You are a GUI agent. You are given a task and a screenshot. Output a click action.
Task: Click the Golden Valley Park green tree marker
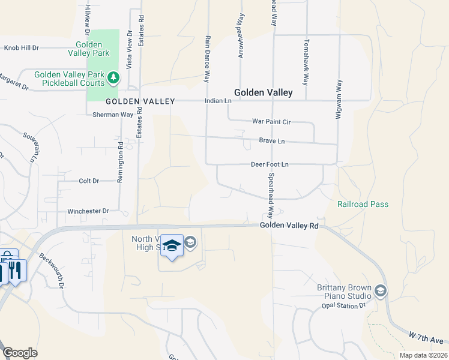(x=113, y=78)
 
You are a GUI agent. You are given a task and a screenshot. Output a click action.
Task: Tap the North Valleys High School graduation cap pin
(x=172, y=246)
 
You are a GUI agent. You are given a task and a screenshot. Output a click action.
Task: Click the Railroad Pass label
(x=363, y=205)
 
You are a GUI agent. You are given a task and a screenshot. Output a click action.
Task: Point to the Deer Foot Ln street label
(x=270, y=164)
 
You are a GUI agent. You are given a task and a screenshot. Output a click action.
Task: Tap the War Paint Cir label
(x=271, y=122)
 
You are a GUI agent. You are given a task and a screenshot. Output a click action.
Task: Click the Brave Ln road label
(x=272, y=141)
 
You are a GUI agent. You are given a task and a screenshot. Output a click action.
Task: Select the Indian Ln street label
(x=218, y=101)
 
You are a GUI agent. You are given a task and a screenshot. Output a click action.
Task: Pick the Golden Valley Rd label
(x=289, y=226)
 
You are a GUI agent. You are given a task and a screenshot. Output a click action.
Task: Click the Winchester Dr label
(x=88, y=211)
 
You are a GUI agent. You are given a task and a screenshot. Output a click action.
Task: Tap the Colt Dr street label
(x=88, y=181)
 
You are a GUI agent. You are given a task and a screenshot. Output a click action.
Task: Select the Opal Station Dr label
(x=343, y=305)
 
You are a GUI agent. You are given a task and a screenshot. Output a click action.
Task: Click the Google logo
(x=20, y=353)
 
